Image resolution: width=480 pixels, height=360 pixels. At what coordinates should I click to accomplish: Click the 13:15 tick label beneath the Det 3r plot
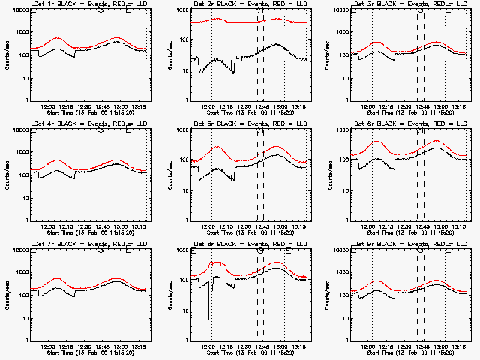pos(457,105)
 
